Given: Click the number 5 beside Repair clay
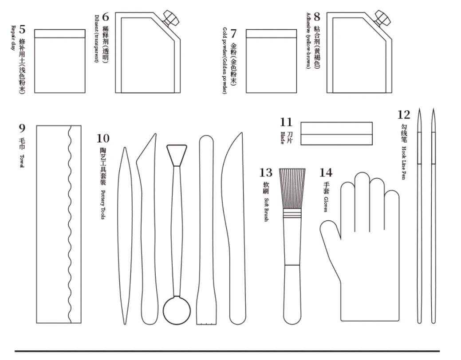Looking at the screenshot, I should coord(22,30).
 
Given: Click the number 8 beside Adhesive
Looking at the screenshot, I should coord(317,17).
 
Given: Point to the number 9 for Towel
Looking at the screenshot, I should coord(22,128).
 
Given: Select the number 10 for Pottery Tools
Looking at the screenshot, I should coord(102,139).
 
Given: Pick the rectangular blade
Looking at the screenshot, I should coord(336,133).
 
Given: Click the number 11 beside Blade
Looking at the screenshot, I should coord(286,122).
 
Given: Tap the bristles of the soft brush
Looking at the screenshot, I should coord(292,188).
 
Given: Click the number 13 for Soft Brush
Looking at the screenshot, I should coord(266,172).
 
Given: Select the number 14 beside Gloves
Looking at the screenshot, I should coord(326,172).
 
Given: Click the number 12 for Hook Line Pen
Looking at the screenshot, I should coord(404,115).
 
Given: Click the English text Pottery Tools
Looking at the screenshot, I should coord(102,205).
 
